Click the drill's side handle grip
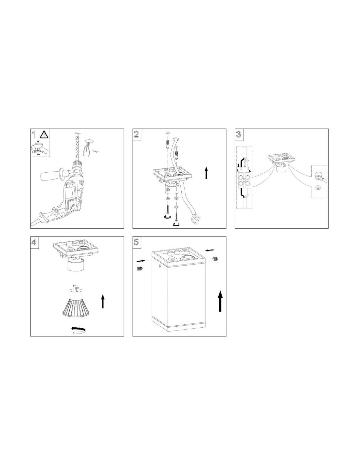tap(51, 174)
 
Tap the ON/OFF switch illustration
tap(39, 147)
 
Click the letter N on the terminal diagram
tap(250, 171)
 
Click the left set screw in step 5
tap(140, 268)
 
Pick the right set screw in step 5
tap(215, 259)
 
